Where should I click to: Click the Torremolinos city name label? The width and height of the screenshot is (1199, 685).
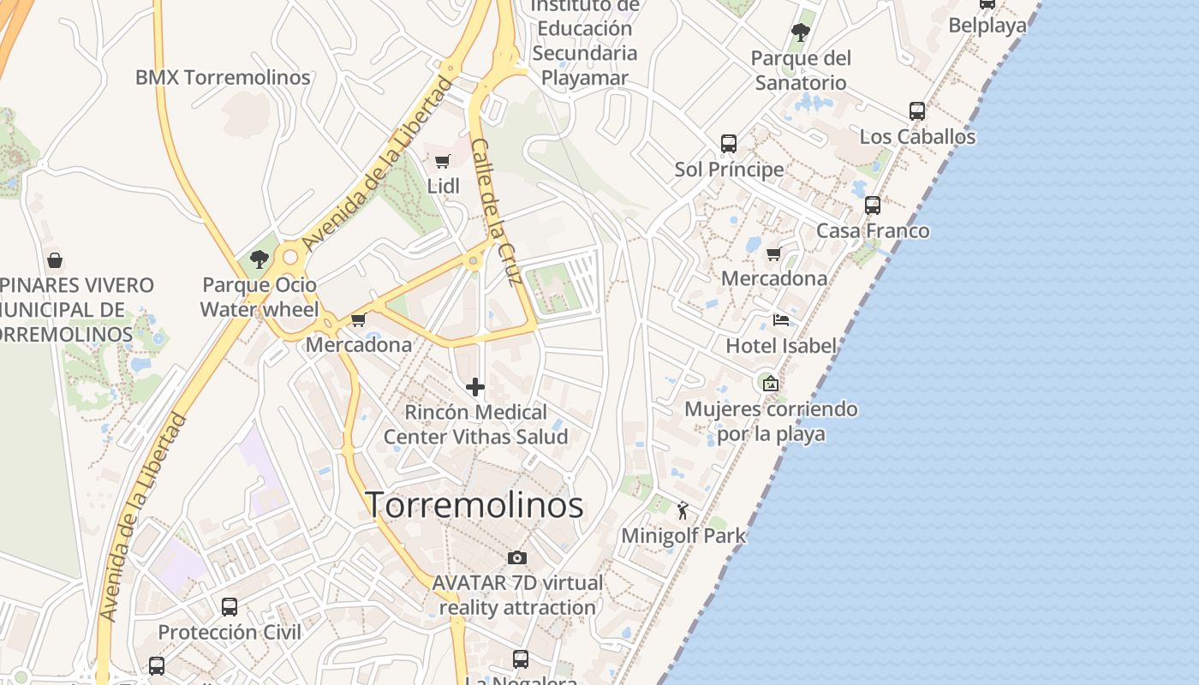(x=475, y=505)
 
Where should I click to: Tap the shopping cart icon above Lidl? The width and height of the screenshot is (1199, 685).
(x=443, y=161)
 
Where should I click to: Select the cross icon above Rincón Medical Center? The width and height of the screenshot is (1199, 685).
(x=475, y=387)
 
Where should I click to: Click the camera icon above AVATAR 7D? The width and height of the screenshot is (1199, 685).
(x=516, y=558)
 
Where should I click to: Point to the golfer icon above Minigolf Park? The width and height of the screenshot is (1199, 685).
(x=683, y=511)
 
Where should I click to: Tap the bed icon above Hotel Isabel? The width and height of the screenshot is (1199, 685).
(x=780, y=320)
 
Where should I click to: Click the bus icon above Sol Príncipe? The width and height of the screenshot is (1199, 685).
(x=729, y=143)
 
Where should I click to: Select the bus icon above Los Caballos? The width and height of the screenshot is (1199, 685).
(x=917, y=111)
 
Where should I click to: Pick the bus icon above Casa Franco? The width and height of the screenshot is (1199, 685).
(x=873, y=205)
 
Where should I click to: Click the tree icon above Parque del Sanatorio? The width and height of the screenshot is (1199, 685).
(x=801, y=33)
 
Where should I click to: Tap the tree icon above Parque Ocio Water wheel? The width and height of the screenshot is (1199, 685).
(x=259, y=259)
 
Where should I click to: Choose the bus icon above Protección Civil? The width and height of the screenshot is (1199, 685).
(x=230, y=607)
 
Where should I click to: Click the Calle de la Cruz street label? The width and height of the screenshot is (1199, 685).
(x=496, y=211)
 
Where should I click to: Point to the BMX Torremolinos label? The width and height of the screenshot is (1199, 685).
(x=223, y=77)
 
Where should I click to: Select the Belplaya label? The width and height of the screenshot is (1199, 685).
(x=987, y=26)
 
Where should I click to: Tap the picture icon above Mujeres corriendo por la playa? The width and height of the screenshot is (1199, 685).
(x=771, y=383)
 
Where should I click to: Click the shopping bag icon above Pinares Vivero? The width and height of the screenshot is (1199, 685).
(x=55, y=259)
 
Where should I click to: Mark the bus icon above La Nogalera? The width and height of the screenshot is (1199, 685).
(x=521, y=659)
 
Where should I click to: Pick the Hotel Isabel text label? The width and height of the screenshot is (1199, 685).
(x=781, y=346)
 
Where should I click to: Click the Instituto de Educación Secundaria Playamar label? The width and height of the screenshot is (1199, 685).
(x=585, y=41)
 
